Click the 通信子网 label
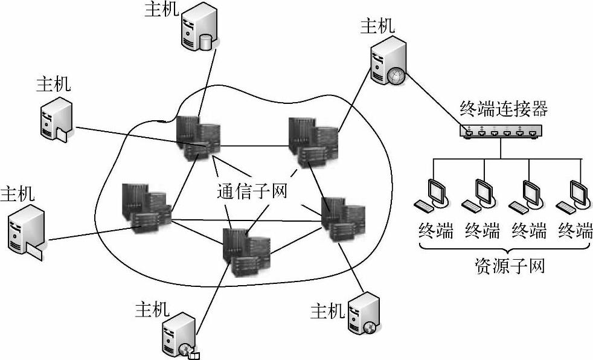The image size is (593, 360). (x=251, y=191)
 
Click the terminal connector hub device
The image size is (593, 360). (x=499, y=131)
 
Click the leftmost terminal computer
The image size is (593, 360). (x=434, y=194)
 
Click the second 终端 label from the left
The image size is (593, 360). (x=483, y=230)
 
